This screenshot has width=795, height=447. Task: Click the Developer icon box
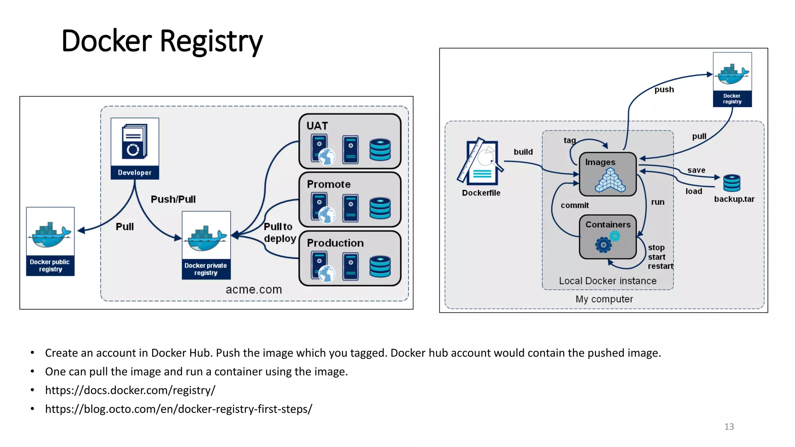(x=135, y=148)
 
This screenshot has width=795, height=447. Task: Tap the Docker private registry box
(x=206, y=245)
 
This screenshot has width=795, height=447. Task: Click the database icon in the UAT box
(x=380, y=150)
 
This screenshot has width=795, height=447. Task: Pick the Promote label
(x=328, y=184)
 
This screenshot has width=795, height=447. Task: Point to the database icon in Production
(x=380, y=267)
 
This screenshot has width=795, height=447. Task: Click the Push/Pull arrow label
(x=173, y=199)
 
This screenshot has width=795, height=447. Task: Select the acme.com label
(x=254, y=289)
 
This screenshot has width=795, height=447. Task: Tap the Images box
(x=608, y=174)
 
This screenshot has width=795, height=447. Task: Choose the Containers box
(x=608, y=237)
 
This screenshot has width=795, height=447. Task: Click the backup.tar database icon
(x=732, y=183)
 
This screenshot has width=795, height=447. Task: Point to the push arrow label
(x=664, y=90)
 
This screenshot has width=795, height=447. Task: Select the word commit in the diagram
(x=575, y=205)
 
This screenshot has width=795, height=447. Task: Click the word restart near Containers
(x=660, y=266)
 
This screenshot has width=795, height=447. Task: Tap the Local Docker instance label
(x=608, y=281)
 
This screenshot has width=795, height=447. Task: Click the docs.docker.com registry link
(x=130, y=390)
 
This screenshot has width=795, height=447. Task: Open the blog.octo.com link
(x=179, y=409)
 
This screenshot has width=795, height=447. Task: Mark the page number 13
(x=729, y=426)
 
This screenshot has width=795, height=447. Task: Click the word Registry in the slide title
(x=211, y=41)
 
